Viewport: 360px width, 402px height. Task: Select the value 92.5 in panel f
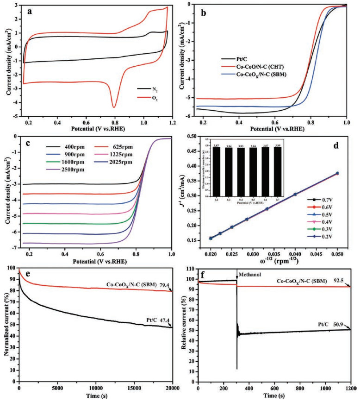(x=342, y=281)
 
